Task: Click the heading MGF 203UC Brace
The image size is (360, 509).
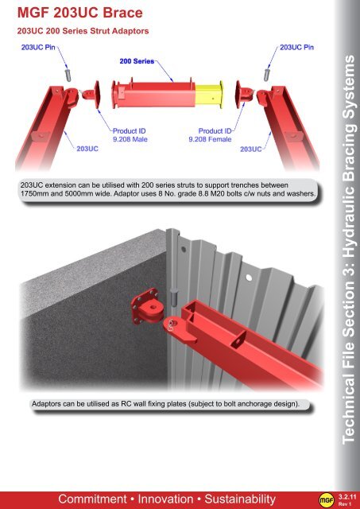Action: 79,13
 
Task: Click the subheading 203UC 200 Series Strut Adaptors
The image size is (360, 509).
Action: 83,31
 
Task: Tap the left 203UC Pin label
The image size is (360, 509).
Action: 38,48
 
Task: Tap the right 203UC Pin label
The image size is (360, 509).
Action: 296,48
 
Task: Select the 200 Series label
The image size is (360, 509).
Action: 137,61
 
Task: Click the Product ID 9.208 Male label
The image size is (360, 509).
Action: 130,135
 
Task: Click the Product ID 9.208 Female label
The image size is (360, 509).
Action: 210,135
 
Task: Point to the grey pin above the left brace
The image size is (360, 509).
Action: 68,75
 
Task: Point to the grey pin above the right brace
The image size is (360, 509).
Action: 267,75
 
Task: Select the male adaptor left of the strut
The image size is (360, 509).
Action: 91,95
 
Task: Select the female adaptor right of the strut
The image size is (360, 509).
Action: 244,94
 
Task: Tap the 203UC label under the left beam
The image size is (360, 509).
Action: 87,149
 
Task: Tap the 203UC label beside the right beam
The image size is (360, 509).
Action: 250,149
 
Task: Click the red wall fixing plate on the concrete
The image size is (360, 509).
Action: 145,307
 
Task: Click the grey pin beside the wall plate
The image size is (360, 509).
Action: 175,297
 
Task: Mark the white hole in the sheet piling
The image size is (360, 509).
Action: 249,278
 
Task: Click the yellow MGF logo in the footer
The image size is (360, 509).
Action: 327,500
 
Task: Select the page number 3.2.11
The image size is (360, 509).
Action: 347,497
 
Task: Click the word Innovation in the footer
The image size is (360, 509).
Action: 165,499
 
